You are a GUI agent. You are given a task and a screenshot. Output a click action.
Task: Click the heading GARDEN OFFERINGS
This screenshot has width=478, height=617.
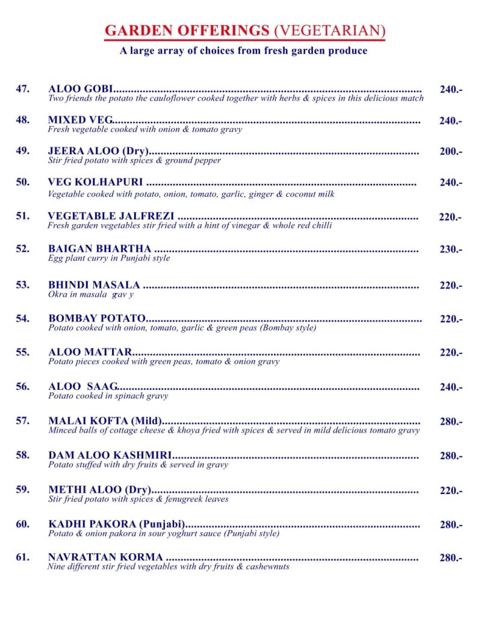coord(187,31)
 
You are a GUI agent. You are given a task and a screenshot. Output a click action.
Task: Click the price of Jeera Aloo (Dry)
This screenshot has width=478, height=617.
coord(450,152)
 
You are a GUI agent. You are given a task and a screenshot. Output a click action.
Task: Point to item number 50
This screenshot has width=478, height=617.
coord(23,182)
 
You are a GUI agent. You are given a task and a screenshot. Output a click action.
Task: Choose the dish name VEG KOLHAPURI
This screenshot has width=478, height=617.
coord(95,182)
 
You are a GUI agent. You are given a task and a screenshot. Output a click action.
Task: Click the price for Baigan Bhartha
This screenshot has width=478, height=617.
coord(450,249)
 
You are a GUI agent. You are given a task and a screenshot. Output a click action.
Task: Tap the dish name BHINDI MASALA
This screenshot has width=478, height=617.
coord(94,285)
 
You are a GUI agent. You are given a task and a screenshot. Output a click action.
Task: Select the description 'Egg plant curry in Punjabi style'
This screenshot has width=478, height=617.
coord(109,258)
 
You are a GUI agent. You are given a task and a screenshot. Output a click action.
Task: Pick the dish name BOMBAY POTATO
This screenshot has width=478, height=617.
coord(97,319)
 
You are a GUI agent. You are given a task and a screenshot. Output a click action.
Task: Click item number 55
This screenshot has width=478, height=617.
coord(23,352)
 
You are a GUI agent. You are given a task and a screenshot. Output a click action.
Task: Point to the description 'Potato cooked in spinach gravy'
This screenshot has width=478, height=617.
coord(108,396)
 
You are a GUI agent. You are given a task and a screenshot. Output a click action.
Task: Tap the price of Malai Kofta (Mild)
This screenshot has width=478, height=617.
coord(450,422)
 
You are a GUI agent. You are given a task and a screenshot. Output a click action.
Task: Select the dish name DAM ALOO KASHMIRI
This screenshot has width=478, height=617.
coord(110,456)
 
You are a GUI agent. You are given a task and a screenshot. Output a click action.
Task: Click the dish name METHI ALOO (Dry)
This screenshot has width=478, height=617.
coord(99,490)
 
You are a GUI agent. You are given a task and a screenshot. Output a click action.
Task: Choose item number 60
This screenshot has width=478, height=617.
coord(23,524)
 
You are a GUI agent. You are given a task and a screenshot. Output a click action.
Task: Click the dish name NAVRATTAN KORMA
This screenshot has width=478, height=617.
coord(105,557)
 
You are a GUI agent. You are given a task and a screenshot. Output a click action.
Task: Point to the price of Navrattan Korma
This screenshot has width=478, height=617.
coord(450,558)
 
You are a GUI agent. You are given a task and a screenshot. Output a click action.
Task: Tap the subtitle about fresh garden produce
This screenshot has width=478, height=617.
coord(243,51)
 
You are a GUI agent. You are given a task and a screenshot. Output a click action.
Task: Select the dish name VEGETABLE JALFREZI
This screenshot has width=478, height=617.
coord(111,216)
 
